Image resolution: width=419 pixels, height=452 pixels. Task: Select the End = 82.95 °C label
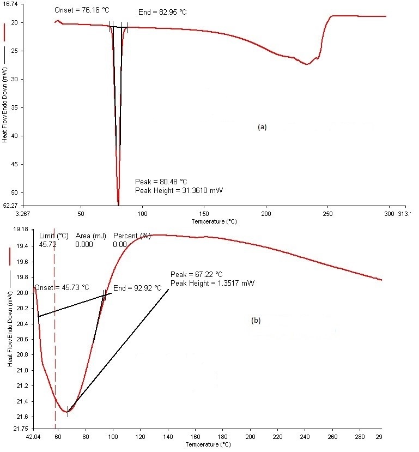pyautogui.click(x=161, y=11)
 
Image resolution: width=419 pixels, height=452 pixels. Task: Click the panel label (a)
pyautogui.click(x=262, y=126)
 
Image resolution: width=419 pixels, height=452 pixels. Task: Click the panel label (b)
pyautogui.click(x=256, y=321)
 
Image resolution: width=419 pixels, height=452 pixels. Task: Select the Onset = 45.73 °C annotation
pyautogui.click(x=62, y=287)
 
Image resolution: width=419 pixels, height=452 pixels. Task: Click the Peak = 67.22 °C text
pyautogui.click(x=197, y=274)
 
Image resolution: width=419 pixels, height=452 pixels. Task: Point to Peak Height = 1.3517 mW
pyautogui.click(x=212, y=283)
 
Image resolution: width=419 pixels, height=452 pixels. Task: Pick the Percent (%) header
pyautogui.click(x=131, y=236)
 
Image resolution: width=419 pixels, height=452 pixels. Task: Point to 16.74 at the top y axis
pyautogui.click(x=11, y=4)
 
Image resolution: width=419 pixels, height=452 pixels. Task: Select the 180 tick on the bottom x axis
pyautogui.click(x=223, y=437)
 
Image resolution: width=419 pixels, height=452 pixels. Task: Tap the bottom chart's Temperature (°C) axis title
pyautogui.click(x=208, y=445)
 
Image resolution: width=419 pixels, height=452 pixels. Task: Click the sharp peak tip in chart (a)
pyautogui.click(x=118, y=204)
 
